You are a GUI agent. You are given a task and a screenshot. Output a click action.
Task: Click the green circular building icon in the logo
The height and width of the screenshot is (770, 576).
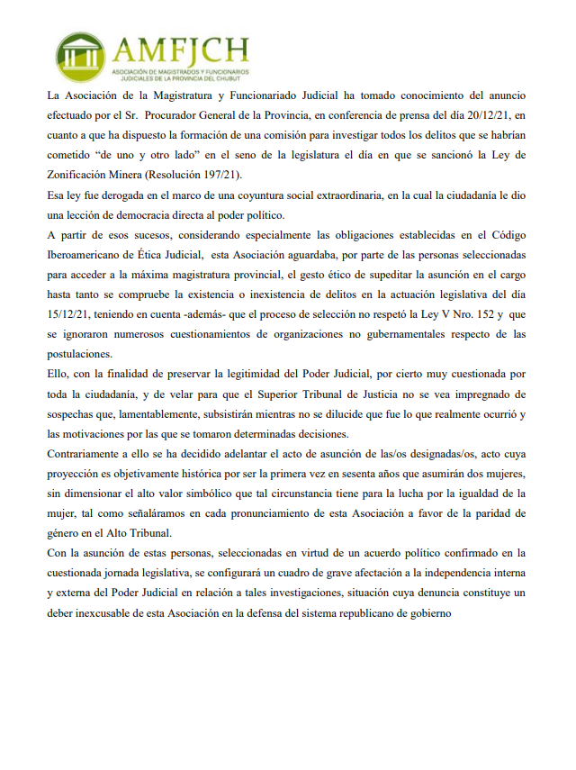tap(80, 58)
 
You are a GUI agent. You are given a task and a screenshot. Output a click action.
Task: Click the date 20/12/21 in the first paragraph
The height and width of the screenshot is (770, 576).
tap(472, 115)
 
